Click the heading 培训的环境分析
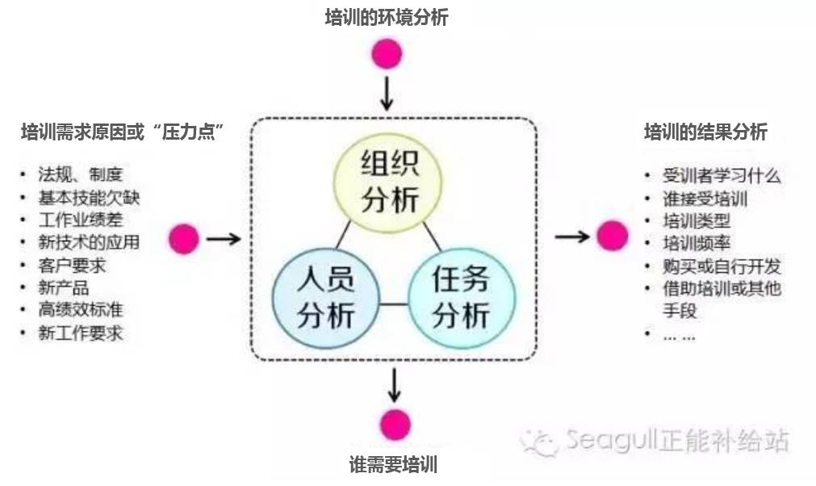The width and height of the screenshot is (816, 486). [386, 17]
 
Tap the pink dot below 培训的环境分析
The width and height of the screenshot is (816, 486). [387, 54]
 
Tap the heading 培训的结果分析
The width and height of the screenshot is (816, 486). [705, 132]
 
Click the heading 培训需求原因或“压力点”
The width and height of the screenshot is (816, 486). [122, 132]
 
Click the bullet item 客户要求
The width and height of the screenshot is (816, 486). [72, 265]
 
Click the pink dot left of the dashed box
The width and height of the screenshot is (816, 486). [184, 238]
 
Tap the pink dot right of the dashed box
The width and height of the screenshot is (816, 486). [612, 236]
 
